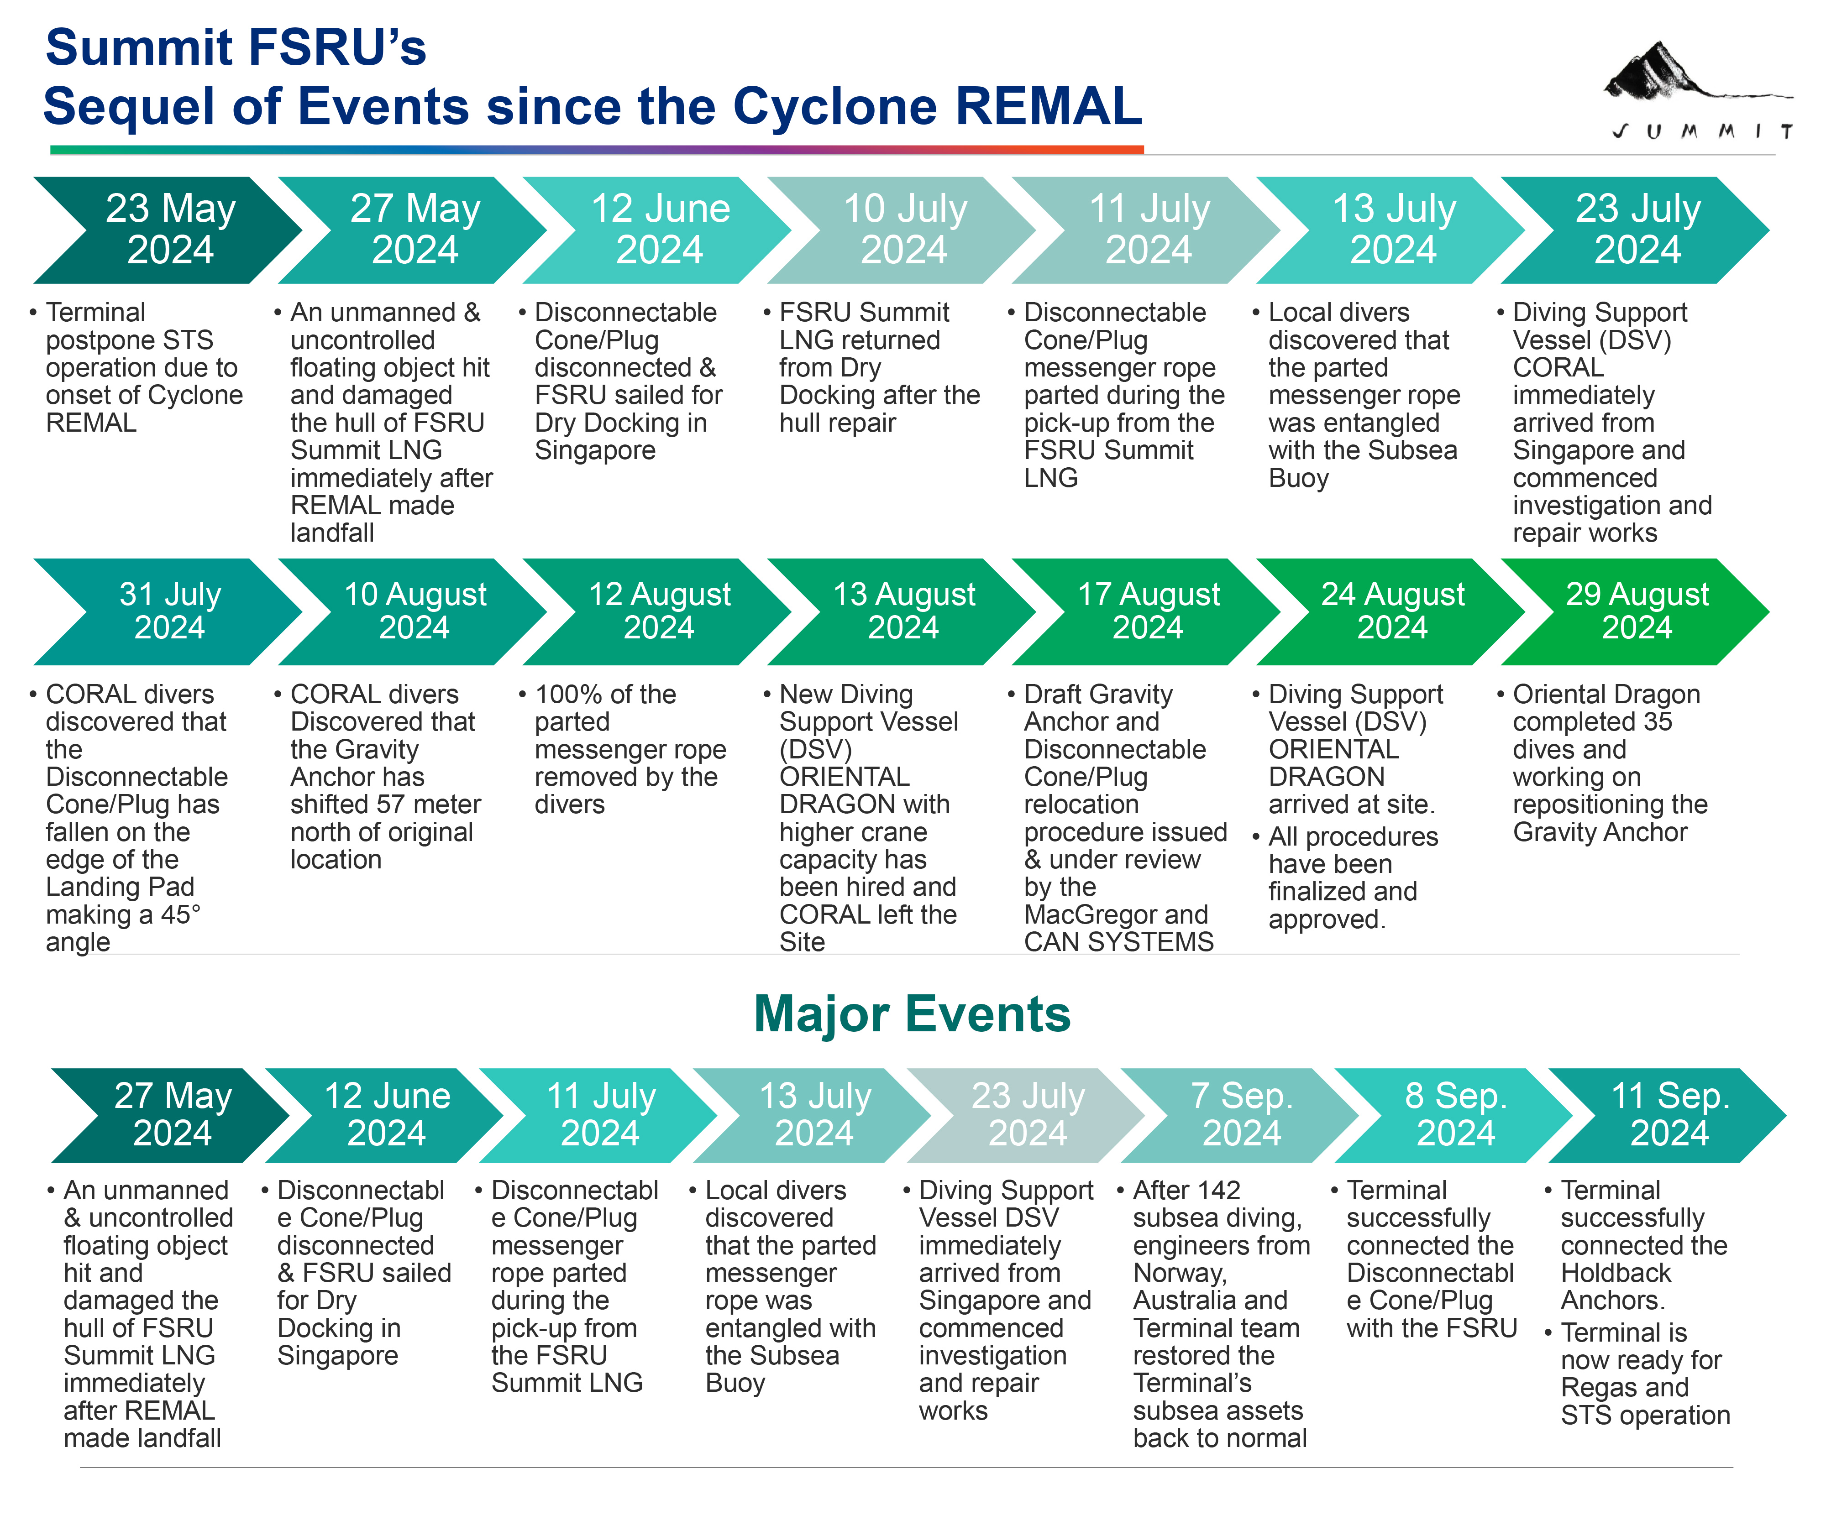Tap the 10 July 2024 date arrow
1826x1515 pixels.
click(x=904, y=230)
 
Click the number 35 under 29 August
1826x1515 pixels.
click(x=1657, y=721)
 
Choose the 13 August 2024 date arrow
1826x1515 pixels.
click(x=904, y=611)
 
